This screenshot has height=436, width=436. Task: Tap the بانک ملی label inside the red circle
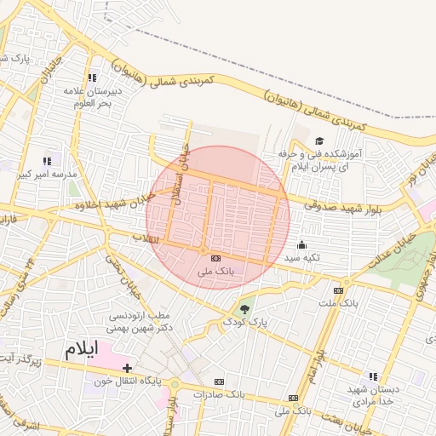click(215, 272)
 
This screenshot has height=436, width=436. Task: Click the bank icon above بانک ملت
click(346, 290)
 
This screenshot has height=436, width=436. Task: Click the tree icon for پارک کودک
click(245, 307)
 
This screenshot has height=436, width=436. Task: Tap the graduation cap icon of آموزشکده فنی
click(319, 141)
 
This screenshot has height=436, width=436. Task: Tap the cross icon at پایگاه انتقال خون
click(127, 368)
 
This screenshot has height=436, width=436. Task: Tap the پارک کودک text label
click(246, 323)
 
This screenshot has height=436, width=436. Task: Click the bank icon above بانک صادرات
click(220, 381)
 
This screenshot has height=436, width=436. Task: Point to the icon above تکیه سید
click(301, 244)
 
